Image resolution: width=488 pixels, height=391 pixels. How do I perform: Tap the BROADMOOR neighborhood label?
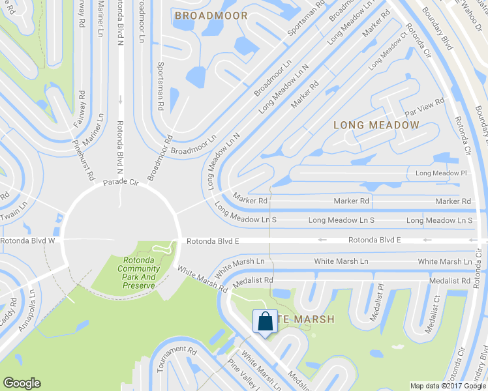211,15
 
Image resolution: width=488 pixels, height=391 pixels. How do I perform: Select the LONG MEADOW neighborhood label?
367,124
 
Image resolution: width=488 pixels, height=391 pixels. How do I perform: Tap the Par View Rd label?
424,102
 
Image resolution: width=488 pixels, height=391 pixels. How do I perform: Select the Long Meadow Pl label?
442,173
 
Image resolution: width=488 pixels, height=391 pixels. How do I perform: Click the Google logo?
22,383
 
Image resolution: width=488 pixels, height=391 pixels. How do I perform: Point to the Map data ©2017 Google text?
448,386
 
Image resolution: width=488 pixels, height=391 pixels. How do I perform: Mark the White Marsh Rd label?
202,279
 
